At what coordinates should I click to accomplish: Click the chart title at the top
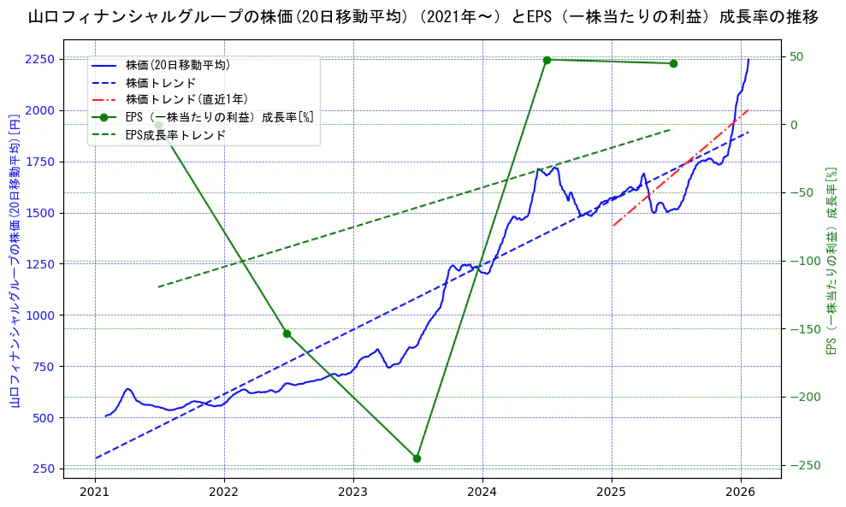pos(423,16)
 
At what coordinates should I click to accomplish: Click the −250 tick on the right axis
pos(805,465)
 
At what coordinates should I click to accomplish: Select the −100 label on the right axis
pos(805,261)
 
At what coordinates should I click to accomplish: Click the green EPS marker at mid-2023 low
pos(417,458)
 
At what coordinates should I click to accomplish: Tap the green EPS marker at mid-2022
pos(287,333)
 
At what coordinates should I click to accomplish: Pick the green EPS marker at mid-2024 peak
pos(547,60)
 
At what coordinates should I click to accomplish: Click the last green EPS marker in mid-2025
pos(673,63)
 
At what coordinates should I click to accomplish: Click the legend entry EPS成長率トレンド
pos(175,135)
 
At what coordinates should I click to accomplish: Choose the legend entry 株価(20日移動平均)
pos(177,64)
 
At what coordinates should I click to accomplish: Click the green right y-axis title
pos(830,261)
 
